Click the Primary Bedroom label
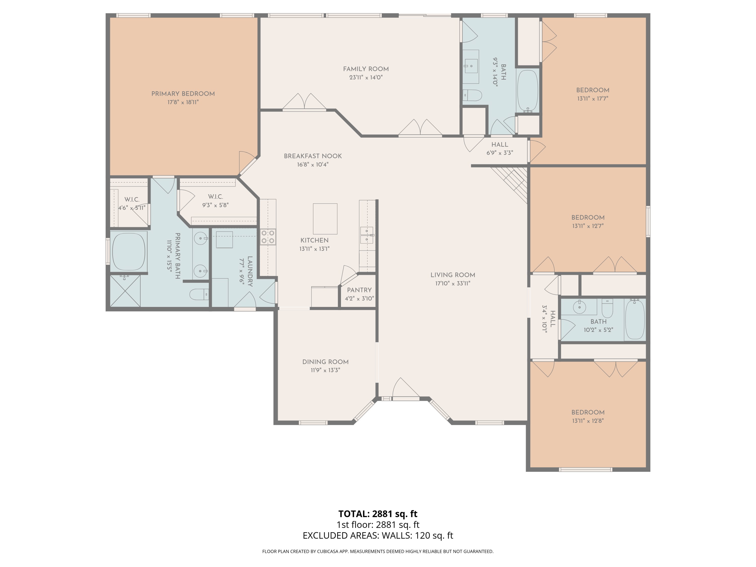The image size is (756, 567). click(183, 94)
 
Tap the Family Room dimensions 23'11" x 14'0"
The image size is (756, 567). click(366, 78)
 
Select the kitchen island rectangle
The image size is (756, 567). click(325, 219)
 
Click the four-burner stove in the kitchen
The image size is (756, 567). click(268, 237)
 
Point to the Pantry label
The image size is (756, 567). click(359, 290)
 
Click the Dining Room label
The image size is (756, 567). click(325, 362)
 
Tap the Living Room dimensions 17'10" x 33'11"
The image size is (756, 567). click(453, 283)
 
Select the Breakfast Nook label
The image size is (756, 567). click(312, 156)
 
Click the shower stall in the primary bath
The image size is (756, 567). click(125, 291)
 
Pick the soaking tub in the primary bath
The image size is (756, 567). click(129, 251)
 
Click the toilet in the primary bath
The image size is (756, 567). click(199, 294)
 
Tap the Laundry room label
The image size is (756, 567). click(250, 271)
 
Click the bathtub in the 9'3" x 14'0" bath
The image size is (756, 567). click(527, 90)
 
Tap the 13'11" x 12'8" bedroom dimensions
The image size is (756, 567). click(588, 421)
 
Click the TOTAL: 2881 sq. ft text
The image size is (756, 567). click(378, 514)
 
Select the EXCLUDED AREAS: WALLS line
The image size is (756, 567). click(378, 535)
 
